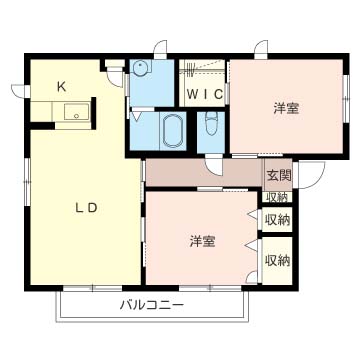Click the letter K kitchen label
61,86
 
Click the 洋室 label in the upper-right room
285,108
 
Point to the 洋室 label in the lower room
203,241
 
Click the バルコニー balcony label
152,303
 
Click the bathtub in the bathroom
172,130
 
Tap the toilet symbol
210,126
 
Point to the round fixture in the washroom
141,69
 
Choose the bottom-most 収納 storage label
277,260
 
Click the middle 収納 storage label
277,219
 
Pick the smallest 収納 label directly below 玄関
277,197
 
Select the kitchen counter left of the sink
45,114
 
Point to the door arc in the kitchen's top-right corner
113,65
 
